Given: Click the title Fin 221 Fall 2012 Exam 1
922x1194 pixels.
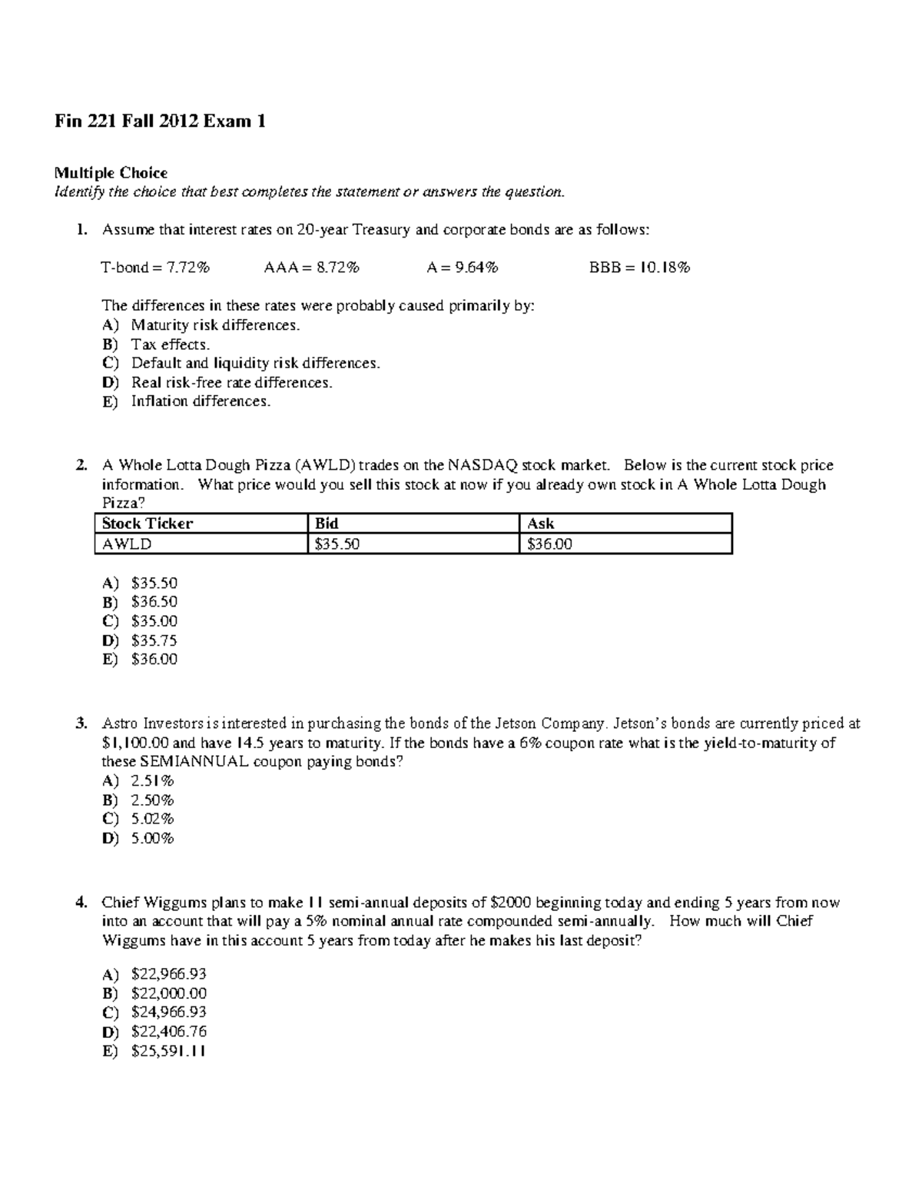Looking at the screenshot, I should [160, 121].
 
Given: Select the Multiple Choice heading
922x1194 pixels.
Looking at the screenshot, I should [111, 172].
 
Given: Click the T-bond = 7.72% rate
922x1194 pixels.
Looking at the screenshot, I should [155, 268].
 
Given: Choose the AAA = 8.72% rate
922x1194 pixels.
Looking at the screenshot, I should [311, 268].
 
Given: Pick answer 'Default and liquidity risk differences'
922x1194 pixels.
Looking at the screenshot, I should [255, 363].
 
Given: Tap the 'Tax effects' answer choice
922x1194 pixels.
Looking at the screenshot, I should [170, 344].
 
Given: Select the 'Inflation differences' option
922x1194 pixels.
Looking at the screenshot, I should [201, 401].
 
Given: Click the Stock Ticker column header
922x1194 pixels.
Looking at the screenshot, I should [148, 524].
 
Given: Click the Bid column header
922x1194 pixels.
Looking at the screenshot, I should [327, 524].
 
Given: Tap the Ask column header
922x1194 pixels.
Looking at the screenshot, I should [541, 524].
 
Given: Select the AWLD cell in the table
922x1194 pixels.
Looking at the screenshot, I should [128, 544].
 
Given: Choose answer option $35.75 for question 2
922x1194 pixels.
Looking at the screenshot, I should [154, 640].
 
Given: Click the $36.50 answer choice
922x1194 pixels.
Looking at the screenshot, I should [154, 602].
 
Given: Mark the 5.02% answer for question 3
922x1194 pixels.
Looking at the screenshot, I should [152, 819].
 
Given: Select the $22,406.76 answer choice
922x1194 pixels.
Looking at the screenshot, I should [168, 1032].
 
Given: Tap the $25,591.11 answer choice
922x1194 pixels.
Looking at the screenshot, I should [168, 1051].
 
